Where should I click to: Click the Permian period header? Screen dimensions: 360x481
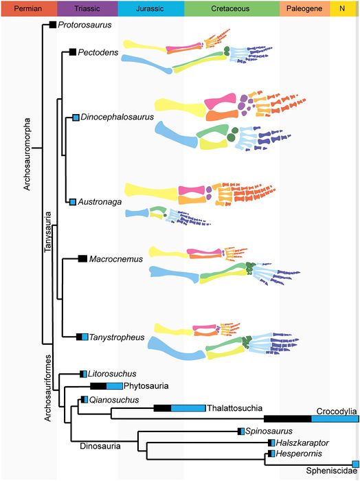coord(29,8)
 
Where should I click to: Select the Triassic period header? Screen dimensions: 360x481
coord(87,8)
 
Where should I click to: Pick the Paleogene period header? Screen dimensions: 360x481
coord(305,8)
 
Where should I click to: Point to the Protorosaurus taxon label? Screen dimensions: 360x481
coord(85,25)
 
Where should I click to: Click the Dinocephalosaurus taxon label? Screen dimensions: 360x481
coord(117,118)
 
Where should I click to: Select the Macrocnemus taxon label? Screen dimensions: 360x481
coord(116,259)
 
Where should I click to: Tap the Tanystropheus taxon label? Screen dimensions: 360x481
coord(117,337)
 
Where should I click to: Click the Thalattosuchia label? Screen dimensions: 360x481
coord(234,408)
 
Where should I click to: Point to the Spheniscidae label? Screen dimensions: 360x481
coord(332,471)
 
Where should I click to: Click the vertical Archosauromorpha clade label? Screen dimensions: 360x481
coord(27,154)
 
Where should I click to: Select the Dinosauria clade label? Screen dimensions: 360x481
coord(100,446)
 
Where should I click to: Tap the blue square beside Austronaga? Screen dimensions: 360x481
coord(73,202)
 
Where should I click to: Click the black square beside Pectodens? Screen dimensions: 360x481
coord(73,52)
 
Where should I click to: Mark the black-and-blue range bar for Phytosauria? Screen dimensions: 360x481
coord(106,386)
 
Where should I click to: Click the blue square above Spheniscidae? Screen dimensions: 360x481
coord(355,464)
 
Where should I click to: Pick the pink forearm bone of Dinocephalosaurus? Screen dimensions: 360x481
coord(221,102)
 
